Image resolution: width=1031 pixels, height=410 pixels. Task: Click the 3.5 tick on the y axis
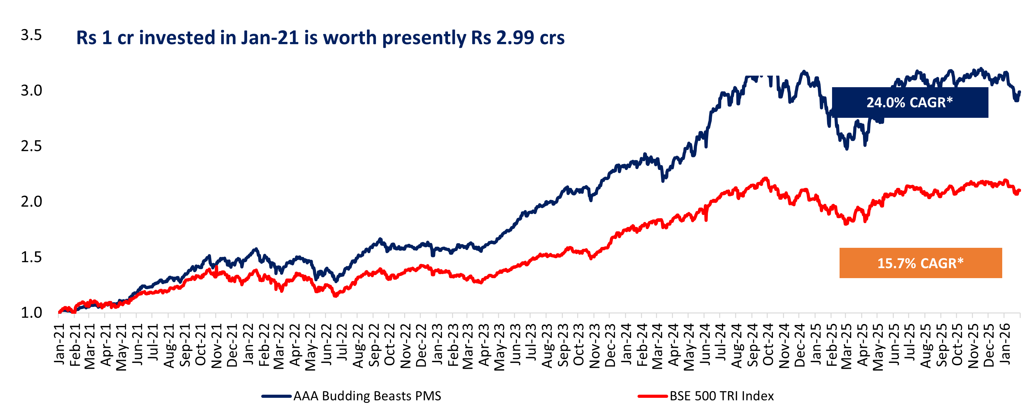pyautogui.click(x=31, y=35)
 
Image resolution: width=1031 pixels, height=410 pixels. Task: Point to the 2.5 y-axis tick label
pyautogui.click(x=31, y=146)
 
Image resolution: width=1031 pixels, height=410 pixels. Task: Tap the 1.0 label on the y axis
pyautogui.click(x=31, y=313)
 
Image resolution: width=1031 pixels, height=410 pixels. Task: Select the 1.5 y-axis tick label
pyautogui.click(x=31, y=257)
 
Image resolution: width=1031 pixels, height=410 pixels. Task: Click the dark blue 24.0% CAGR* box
pyautogui.click(x=910, y=102)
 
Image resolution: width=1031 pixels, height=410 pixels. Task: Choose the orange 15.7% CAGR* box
pyautogui.click(x=921, y=263)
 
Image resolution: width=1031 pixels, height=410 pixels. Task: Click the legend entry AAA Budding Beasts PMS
pyautogui.click(x=367, y=396)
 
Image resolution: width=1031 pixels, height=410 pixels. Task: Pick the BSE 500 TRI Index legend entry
pyautogui.click(x=722, y=396)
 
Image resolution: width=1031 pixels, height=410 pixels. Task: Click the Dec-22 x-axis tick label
pyautogui.click(x=421, y=344)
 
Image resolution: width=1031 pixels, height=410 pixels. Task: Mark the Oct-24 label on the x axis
pyautogui.click(x=768, y=344)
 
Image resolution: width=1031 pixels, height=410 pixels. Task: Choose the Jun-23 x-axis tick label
pyautogui.click(x=516, y=344)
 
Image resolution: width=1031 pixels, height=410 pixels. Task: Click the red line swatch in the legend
pyautogui.click(x=653, y=396)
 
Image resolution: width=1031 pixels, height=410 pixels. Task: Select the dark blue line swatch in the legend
pyautogui.click(x=276, y=396)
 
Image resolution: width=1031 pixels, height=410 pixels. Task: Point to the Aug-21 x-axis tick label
pyautogui.click(x=169, y=344)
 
